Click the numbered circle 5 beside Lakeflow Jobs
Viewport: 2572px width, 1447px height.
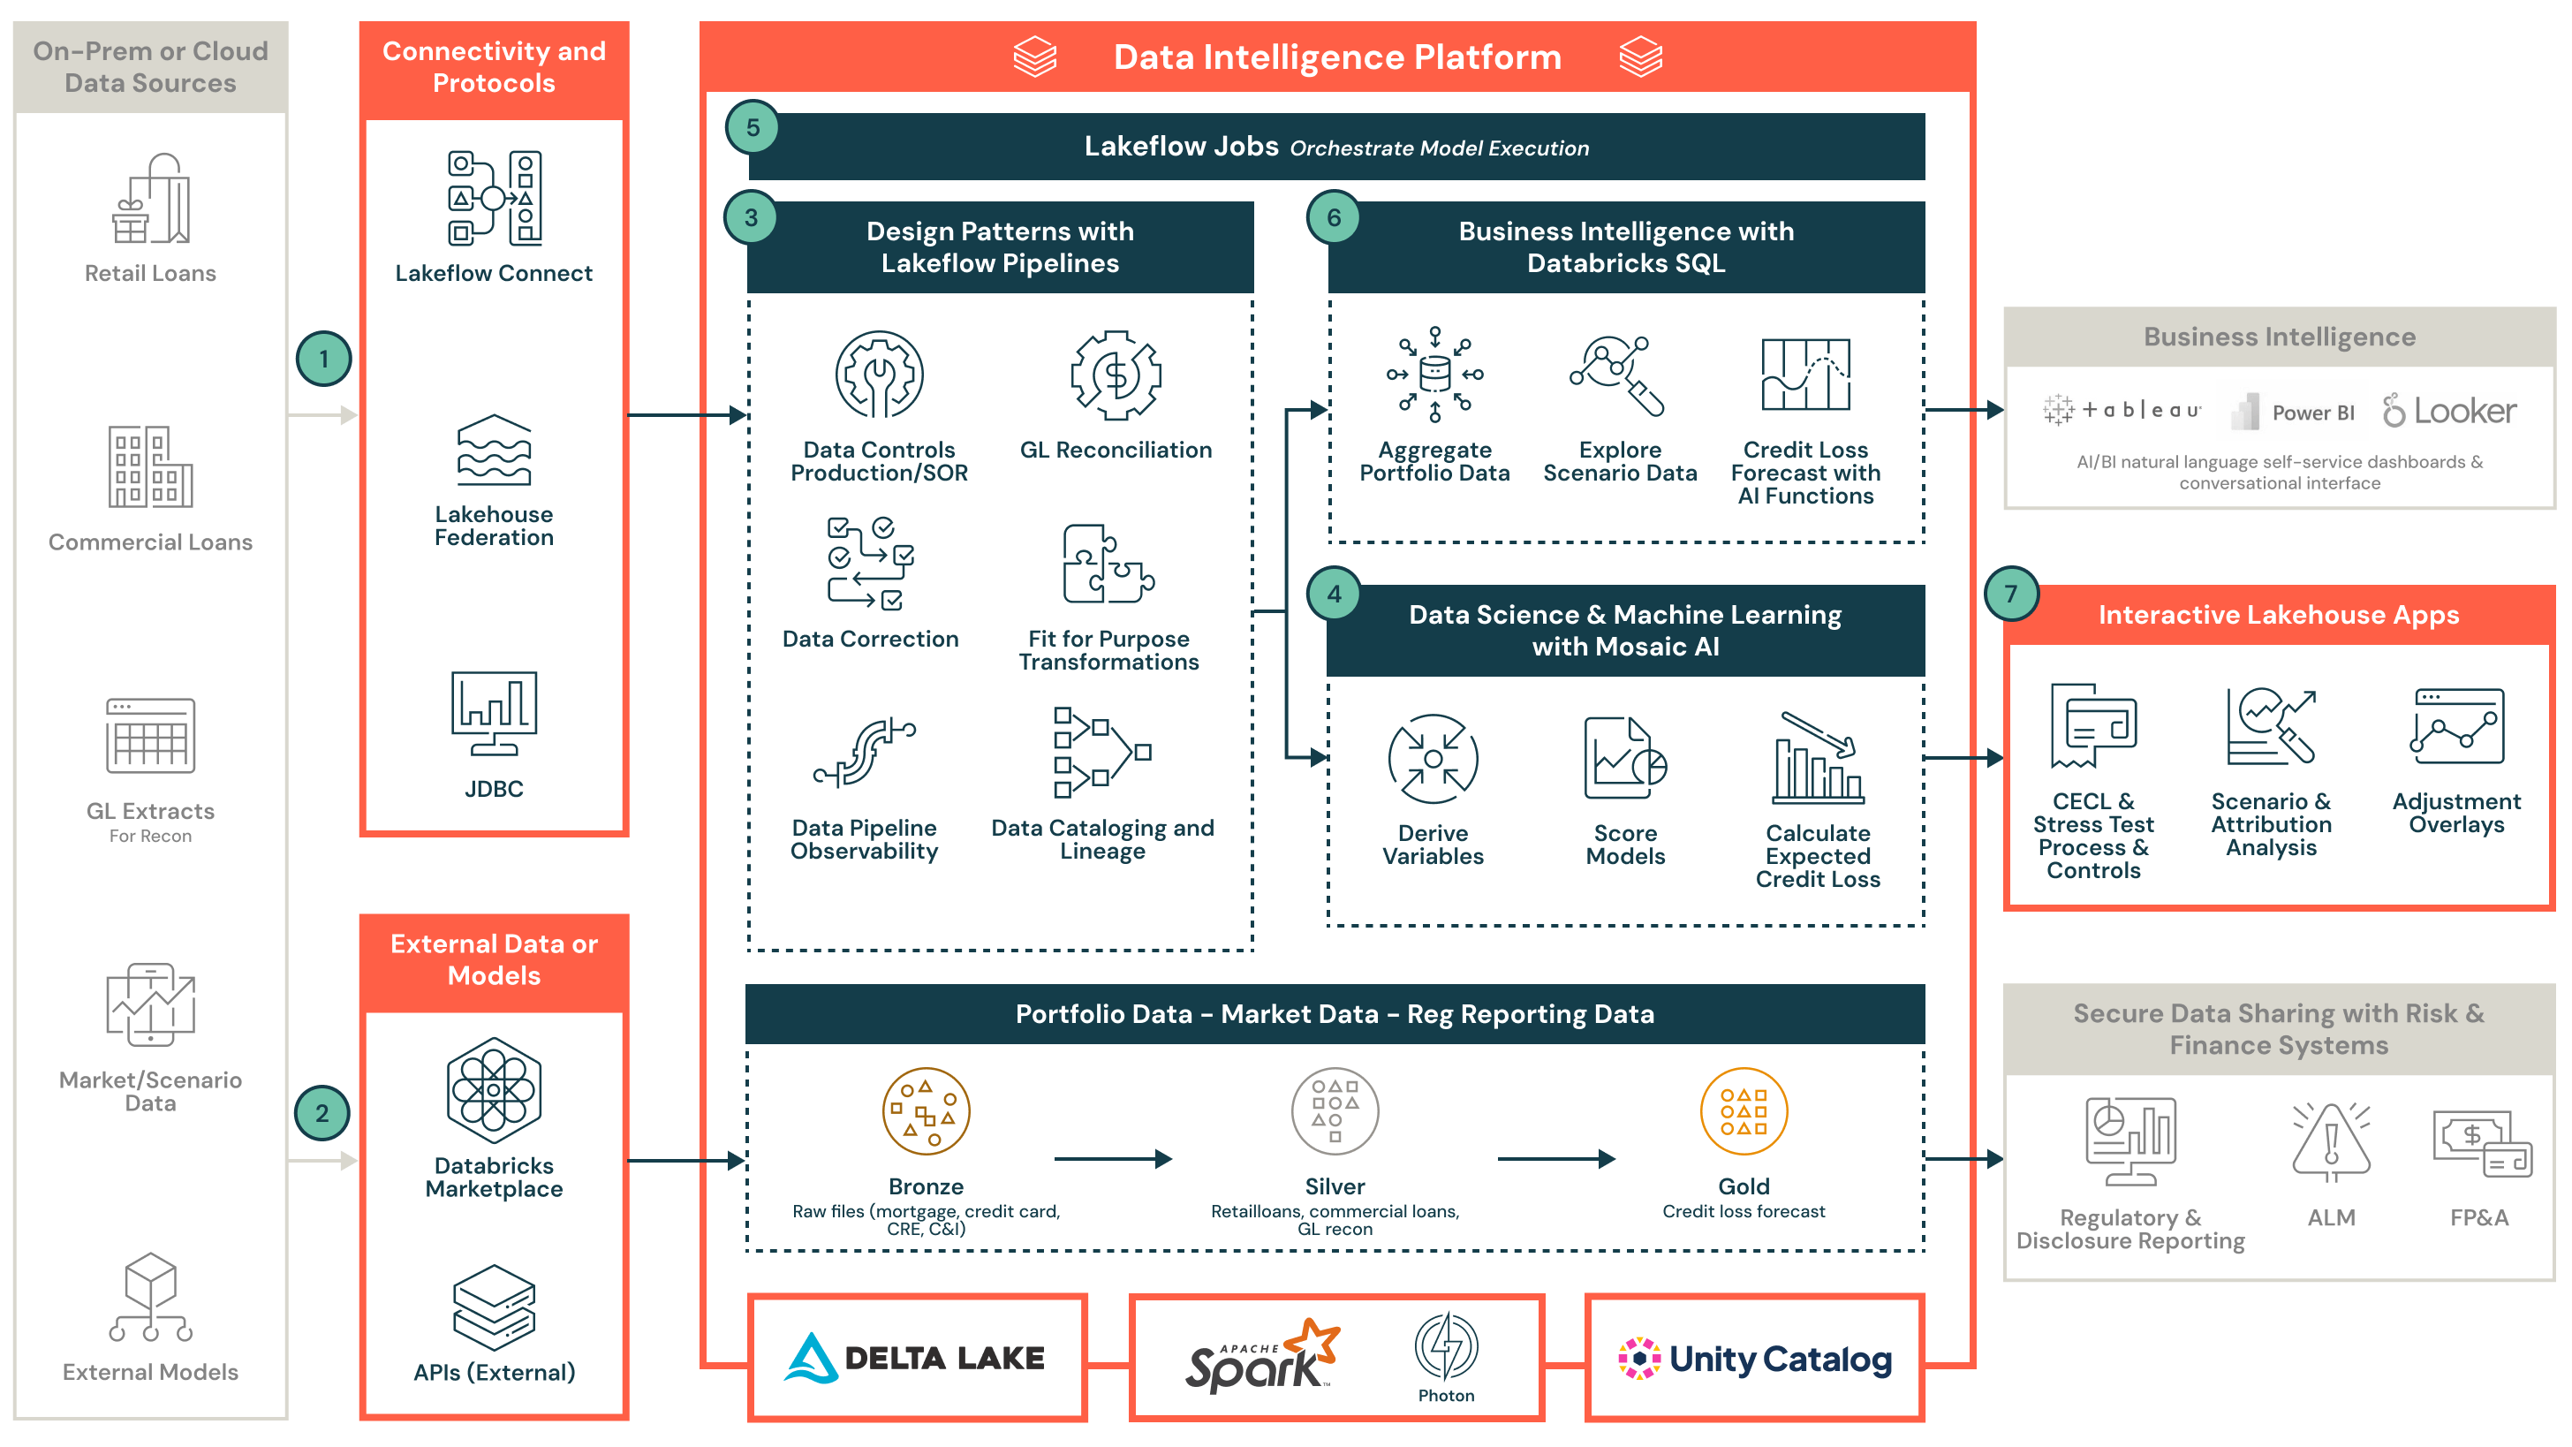[753, 127]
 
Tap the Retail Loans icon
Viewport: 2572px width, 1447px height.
[150, 200]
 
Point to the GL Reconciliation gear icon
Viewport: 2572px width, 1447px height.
[1116, 375]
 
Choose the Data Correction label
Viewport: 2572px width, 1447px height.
[870, 639]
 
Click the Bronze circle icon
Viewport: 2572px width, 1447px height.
[926, 1110]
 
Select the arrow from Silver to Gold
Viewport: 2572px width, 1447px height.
[1555, 1158]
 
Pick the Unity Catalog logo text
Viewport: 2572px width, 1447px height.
[1779, 1360]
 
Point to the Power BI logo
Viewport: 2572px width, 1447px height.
[2295, 412]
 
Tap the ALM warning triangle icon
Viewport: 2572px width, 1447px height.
[2330, 1140]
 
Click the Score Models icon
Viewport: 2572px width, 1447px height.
[1624, 759]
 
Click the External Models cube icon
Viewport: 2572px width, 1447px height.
[150, 1296]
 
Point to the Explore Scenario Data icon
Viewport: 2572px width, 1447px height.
[1617, 375]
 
